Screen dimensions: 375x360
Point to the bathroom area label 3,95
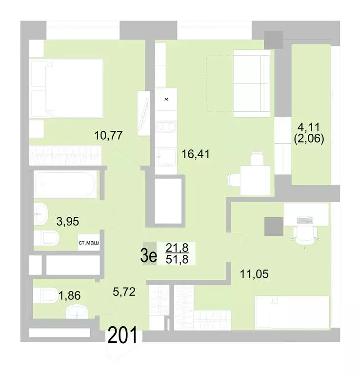(x=68, y=222)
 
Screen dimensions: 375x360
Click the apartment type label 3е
(x=149, y=255)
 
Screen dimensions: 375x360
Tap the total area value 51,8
(x=177, y=260)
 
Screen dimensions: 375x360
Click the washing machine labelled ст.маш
(x=88, y=242)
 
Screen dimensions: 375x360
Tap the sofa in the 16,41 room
(x=251, y=83)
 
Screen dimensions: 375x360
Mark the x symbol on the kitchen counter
(x=166, y=99)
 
